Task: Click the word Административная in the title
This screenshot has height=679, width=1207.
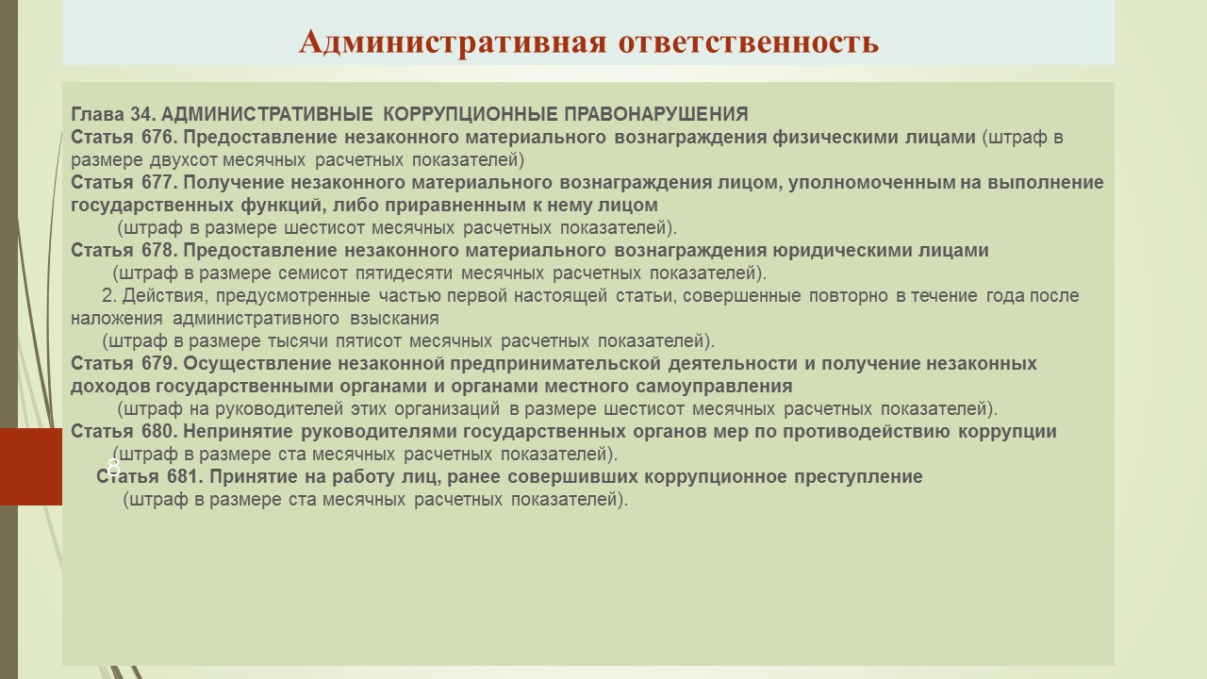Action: click(453, 42)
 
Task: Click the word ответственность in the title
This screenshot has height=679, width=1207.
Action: click(749, 43)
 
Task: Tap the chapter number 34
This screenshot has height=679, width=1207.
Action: click(142, 114)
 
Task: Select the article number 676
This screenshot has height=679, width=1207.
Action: click(159, 137)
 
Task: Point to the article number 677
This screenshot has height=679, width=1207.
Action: click(159, 182)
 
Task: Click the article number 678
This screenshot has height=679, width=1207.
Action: click(159, 250)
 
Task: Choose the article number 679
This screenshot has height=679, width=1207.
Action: click(159, 363)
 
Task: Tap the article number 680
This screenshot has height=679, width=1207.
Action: click(159, 431)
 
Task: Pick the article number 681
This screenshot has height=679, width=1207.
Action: click(185, 476)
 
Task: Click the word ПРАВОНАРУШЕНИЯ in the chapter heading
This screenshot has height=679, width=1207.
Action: click(656, 114)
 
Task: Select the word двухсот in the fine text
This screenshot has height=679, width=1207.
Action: click(183, 160)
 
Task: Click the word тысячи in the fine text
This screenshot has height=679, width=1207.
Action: click(297, 341)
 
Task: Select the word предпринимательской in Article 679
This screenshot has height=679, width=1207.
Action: click(555, 364)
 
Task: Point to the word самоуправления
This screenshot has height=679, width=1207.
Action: click(714, 387)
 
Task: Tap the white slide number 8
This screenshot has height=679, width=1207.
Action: click(113, 467)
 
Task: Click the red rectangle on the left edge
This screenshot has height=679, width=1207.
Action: click(31, 467)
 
